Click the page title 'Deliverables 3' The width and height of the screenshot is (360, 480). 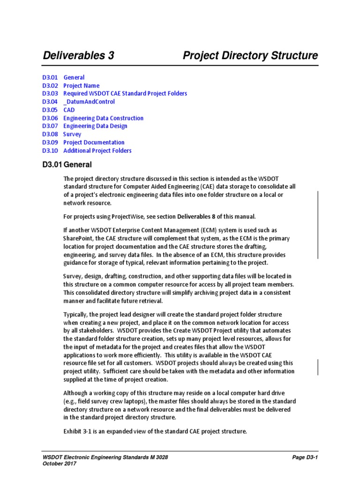coord(78,56)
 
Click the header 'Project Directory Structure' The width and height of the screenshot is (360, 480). coord(250,56)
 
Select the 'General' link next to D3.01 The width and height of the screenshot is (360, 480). coord(74,77)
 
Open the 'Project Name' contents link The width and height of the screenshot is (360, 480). coord(81,86)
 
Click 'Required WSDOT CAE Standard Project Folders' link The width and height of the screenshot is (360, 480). coord(125,94)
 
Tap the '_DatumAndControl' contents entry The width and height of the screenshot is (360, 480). coord(89,102)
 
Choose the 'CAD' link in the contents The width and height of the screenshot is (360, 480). coord(69,110)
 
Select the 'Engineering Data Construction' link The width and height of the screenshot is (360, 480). coord(103,118)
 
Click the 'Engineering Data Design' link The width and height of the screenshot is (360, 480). coord(95,126)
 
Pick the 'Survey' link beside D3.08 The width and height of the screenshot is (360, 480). coord(72,135)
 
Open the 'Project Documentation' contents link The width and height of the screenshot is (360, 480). coord(94,142)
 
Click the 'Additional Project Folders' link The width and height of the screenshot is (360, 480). coord(97,151)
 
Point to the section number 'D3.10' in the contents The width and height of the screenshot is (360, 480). coord(49,151)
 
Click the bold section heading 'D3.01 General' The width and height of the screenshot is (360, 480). coord(67,165)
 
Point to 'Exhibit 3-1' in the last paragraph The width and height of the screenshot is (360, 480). coord(78,431)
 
